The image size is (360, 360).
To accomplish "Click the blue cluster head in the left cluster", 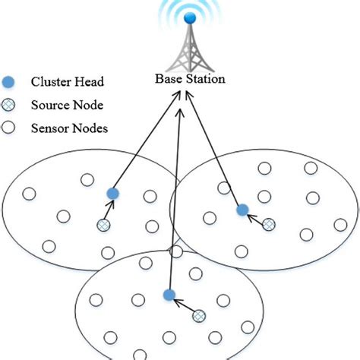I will [x=112, y=194].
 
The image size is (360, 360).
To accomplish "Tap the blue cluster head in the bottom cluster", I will [x=169, y=295].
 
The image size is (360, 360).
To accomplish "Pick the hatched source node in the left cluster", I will [x=103, y=225].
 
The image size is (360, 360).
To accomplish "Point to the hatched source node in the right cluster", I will [x=269, y=224].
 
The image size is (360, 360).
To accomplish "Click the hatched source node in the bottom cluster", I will [x=200, y=315].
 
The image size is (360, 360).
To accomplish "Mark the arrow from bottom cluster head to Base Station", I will [x=174, y=190].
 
